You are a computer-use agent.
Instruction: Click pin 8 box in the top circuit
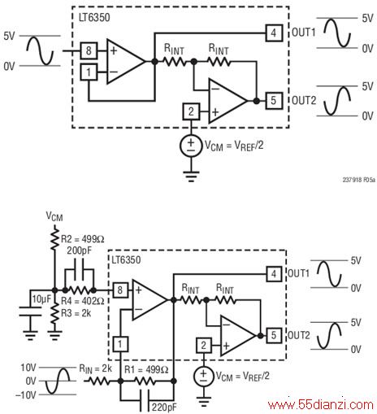pos(89,50)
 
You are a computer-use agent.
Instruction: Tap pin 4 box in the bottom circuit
pos(274,274)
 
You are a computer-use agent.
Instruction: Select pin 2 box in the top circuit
pos(191,111)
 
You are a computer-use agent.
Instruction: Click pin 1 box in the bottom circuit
pos(120,344)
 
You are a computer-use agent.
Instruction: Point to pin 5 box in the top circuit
pos(274,101)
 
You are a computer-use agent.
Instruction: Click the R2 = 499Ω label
pos(83,239)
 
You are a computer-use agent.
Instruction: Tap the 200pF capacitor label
pos(80,251)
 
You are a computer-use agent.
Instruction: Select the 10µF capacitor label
pos(41,299)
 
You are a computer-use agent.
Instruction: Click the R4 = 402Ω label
pos(83,301)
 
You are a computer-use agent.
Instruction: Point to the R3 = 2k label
pos(76,313)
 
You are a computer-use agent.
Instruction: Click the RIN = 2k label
pos(95,369)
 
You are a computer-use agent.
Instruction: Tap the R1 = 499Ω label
pos(146,369)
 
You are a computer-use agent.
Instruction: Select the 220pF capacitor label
pos(164,407)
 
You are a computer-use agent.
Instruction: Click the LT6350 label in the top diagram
pos(94,18)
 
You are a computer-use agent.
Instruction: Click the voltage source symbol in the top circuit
pos(191,146)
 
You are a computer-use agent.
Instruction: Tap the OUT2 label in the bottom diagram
pos(298,335)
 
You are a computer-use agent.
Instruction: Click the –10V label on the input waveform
pos(26,395)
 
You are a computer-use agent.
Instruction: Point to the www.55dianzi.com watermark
pos(321,405)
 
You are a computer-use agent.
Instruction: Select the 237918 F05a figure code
pos(359,180)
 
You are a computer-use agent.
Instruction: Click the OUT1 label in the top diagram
pos(304,33)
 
